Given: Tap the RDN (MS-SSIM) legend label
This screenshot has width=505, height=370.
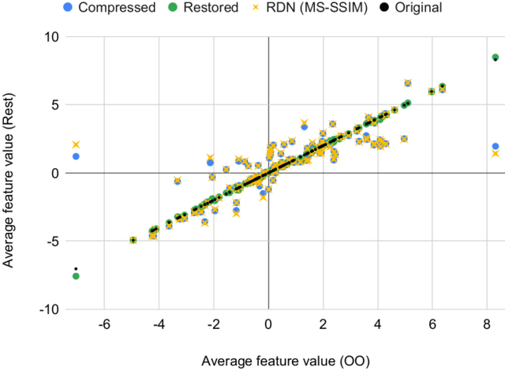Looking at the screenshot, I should tap(327, 8).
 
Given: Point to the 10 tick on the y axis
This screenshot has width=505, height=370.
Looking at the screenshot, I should tap(49, 36).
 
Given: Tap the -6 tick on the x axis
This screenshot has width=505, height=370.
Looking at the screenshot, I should tap(104, 325).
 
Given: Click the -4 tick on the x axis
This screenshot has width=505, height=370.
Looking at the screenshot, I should tap(159, 325).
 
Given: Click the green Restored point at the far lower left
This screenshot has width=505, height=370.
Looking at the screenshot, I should tap(76, 276).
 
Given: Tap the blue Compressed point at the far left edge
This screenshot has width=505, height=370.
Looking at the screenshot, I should tap(76, 156).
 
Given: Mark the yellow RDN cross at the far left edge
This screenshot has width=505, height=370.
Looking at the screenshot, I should tap(76, 144).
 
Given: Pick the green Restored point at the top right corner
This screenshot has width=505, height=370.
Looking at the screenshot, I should tap(495, 58).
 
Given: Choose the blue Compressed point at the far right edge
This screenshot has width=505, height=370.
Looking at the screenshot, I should tap(495, 147).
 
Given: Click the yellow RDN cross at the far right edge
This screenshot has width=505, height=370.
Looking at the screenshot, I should tap(495, 154).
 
